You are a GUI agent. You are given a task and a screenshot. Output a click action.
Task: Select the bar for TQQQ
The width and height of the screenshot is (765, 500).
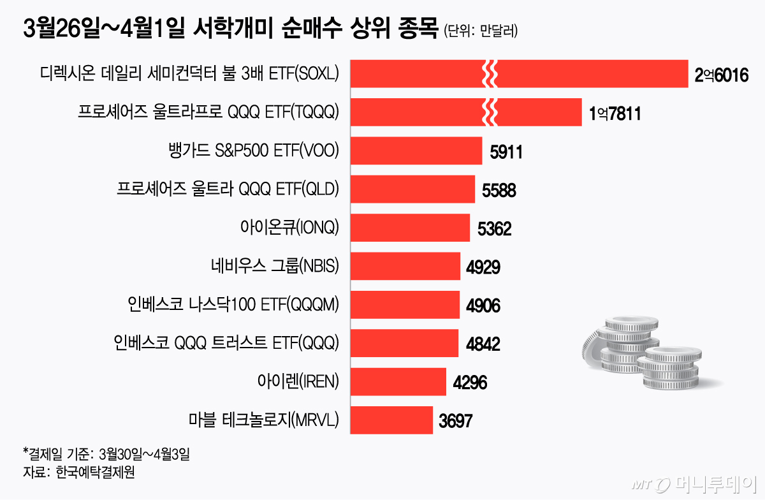pyautogui.click(x=465, y=112)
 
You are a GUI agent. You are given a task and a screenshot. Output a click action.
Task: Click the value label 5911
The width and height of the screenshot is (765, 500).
pyautogui.click(x=507, y=152)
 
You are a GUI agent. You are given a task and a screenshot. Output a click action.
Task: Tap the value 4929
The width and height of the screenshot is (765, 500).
pyautogui.click(x=483, y=267)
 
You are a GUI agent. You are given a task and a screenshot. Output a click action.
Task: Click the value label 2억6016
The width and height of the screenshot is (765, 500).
pyautogui.click(x=720, y=75)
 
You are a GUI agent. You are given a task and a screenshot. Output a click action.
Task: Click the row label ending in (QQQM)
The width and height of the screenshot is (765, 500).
pyautogui.click(x=233, y=305)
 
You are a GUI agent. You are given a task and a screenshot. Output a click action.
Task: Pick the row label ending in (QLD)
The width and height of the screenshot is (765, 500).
pyautogui.click(x=228, y=189)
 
